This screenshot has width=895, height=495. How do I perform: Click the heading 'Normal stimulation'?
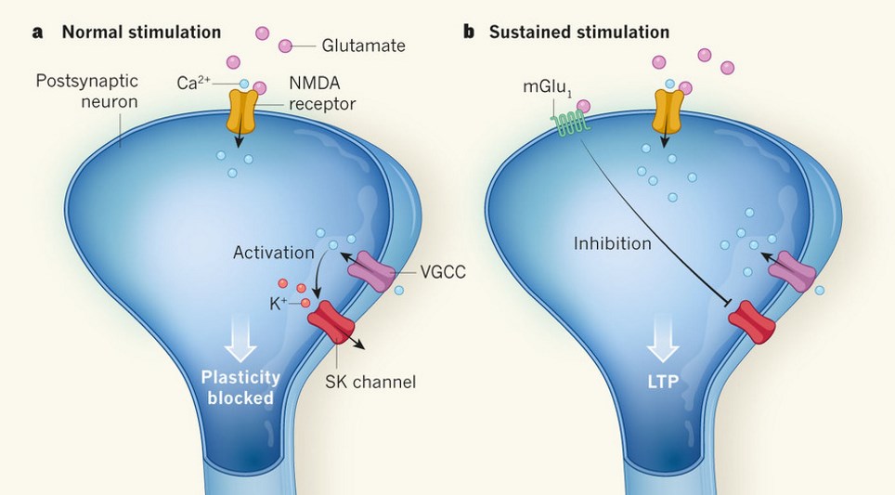[141, 33]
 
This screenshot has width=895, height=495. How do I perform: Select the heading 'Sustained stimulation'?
[578, 33]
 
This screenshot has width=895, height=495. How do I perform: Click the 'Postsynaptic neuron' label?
[87, 92]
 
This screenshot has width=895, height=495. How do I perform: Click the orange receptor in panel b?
[669, 111]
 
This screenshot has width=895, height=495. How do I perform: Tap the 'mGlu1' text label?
[544, 86]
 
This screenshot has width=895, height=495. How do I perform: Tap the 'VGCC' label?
[442, 272]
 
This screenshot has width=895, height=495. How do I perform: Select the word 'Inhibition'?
[613, 244]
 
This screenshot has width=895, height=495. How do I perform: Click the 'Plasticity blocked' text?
[240, 389]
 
